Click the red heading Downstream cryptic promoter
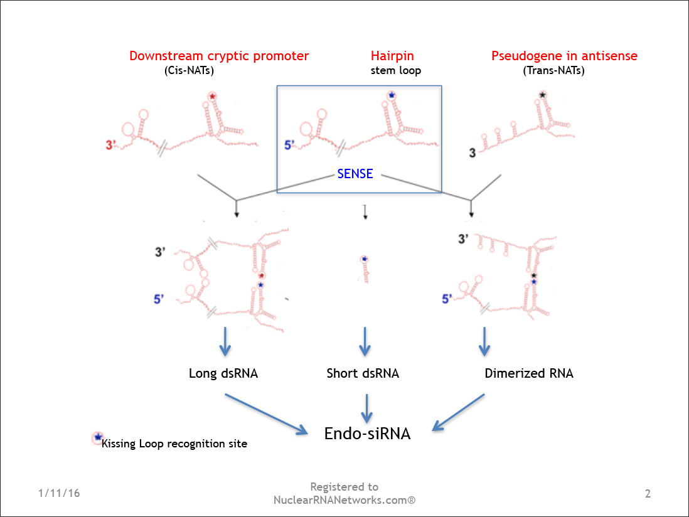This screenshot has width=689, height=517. click(219, 56)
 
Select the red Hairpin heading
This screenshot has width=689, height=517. click(392, 56)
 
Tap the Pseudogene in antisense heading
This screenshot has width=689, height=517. click(564, 56)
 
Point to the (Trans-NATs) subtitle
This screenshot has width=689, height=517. click(553, 70)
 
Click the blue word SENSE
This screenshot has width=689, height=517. click(355, 174)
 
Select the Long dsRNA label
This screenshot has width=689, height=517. click(223, 373)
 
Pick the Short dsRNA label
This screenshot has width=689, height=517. click(363, 373)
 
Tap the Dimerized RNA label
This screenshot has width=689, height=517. click(529, 373)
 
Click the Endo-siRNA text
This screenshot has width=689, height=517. click(367, 433)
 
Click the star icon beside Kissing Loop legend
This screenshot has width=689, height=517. click(97, 437)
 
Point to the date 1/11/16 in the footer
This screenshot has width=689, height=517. click(59, 493)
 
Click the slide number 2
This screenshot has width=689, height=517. click(648, 494)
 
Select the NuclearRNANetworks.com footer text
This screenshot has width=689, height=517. click(344, 500)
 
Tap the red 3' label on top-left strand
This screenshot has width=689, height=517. click(111, 146)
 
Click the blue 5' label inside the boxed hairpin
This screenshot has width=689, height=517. click(289, 145)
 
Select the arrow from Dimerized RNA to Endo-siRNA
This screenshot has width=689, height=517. click(458, 412)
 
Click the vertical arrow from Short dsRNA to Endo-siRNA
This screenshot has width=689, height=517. click(367, 408)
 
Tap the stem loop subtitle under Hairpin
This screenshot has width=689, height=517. click(395, 70)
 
